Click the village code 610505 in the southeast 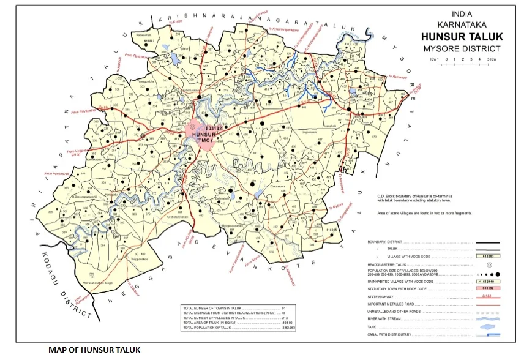[331, 229]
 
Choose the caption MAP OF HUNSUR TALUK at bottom [94, 350]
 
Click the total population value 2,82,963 [288, 329]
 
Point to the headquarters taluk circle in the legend [489, 264]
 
